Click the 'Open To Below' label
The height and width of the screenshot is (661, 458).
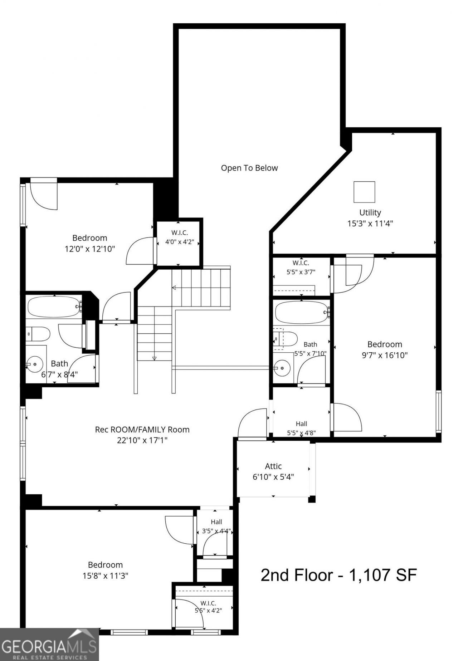[249, 168]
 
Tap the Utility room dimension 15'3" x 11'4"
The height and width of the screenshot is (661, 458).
[370, 224]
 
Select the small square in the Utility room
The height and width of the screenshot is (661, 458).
[364, 192]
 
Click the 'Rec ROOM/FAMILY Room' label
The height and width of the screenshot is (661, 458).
[142, 429]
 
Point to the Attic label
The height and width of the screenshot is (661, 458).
[273, 466]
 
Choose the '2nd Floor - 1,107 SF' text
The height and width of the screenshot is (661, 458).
[338, 575]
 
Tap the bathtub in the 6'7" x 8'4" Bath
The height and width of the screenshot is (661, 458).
[54, 307]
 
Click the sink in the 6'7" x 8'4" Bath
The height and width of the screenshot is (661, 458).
[35, 364]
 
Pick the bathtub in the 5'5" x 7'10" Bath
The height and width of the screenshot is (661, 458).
[302, 312]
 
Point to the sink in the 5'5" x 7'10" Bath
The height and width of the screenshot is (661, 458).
[283, 368]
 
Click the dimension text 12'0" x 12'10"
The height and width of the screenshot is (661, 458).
[90, 249]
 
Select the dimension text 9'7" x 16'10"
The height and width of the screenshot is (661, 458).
[385, 355]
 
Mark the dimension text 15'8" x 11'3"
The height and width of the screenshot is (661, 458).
[106, 576]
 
